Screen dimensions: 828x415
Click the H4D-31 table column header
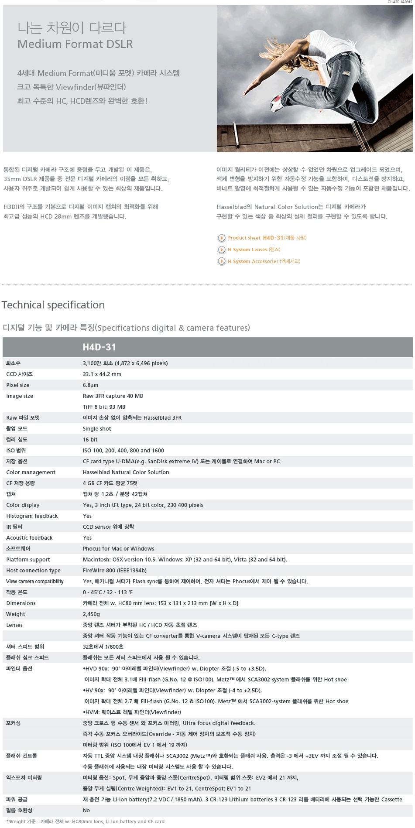[99, 347]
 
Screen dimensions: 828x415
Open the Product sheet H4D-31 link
[267, 238]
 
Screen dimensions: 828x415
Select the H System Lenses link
[254, 250]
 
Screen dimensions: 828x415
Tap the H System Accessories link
[264, 261]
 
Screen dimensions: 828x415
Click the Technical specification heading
[53, 305]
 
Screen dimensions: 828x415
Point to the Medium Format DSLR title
[75, 44]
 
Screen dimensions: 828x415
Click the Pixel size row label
[18, 385]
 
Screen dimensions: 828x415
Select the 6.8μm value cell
[90, 385]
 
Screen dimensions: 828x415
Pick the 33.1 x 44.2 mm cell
[102, 374]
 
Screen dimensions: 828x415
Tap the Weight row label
[16, 614]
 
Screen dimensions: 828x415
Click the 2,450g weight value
[91, 614]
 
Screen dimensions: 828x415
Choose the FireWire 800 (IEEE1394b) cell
[115, 571]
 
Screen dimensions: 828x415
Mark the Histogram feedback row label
[32, 516]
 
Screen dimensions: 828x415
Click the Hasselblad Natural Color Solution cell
[126, 472]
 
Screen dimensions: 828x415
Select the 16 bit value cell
[90, 440]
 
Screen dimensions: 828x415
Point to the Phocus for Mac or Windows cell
[119, 549]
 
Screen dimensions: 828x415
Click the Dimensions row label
[21, 603]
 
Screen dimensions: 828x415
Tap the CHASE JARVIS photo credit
[399, 2]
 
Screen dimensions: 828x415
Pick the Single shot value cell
[97, 429]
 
